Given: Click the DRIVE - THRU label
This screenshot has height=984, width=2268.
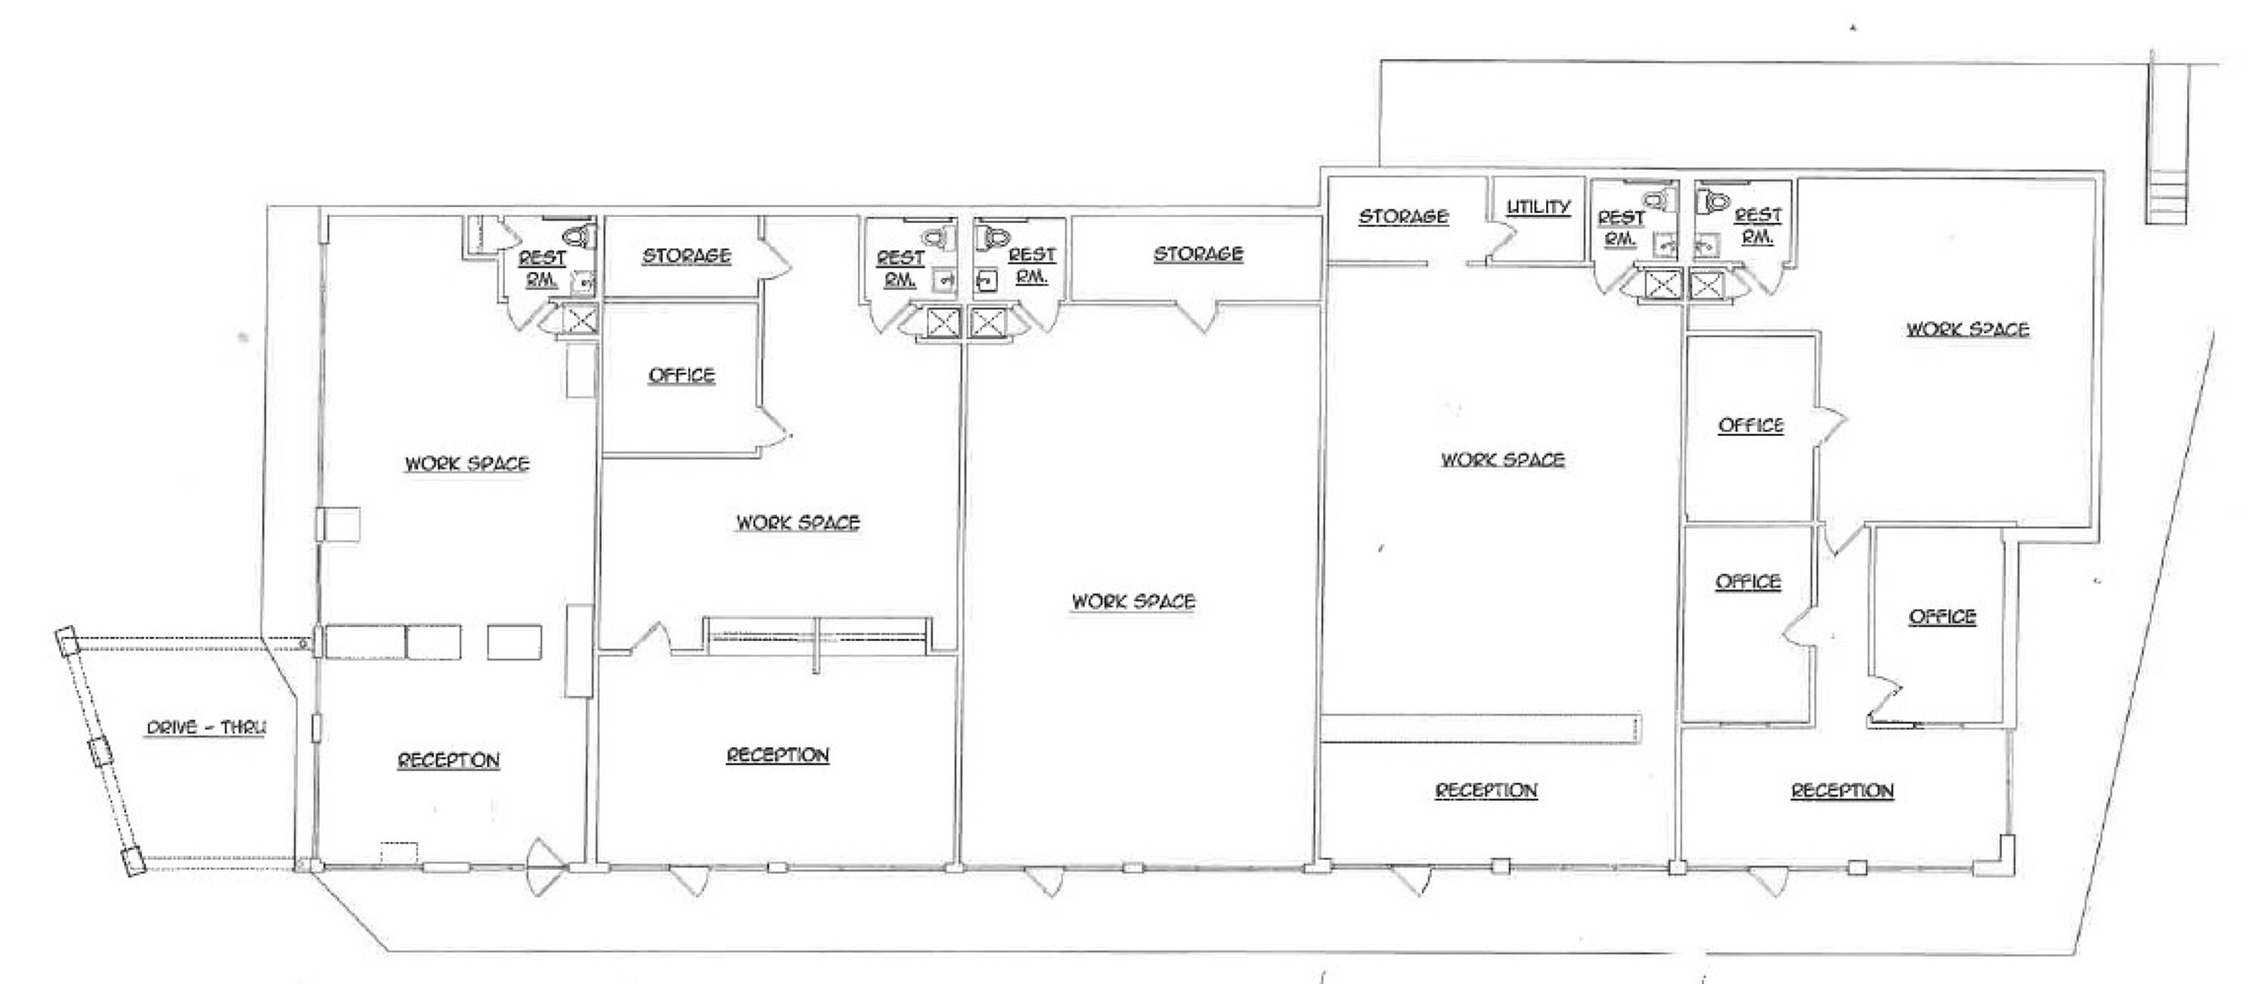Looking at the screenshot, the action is [x=205, y=728].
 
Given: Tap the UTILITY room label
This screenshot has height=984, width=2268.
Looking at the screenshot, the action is [x=1538, y=207].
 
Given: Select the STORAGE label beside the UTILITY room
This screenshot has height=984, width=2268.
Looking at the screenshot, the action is [x=1402, y=216].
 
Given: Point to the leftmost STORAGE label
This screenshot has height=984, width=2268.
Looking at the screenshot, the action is [x=686, y=256].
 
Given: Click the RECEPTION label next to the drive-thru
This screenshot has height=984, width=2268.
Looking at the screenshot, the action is [x=448, y=760].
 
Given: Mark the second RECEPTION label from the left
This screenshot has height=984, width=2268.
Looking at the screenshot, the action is [x=777, y=755].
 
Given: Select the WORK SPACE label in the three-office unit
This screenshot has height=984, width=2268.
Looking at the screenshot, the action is [x=1968, y=330].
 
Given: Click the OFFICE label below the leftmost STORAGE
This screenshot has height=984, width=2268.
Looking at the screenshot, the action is [x=680, y=376].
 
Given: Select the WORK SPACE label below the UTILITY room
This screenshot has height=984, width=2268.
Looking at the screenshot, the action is [x=1502, y=460].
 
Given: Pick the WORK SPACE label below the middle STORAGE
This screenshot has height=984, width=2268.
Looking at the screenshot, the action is [x=1133, y=602].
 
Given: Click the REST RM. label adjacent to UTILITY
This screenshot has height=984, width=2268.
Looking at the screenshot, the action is [x=1621, y=227].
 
